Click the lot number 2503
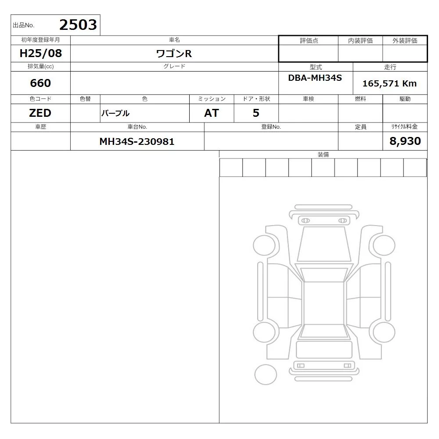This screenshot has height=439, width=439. pyautogui.click(x=78, y=25)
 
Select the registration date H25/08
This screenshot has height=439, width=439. pyautogui.click(x=40, y=53)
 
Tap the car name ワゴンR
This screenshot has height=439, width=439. pyautogui.click(x=174, y=54)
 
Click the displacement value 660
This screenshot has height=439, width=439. pyautogui.click(x=40, y=83)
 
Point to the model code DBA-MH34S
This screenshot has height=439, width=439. pyautogui.click(x=315, y=78)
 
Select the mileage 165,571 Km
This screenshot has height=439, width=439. pyautogui.click(x=389, y=83)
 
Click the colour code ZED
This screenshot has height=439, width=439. pyautogui.click(x=40, y=113)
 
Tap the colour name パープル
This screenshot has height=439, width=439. pyautogui.click(x=115, y=113)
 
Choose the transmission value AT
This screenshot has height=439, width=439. pyautogui.click(x=212, y=113)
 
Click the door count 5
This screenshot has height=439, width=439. pyautogui.click(x=256, y=113)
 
